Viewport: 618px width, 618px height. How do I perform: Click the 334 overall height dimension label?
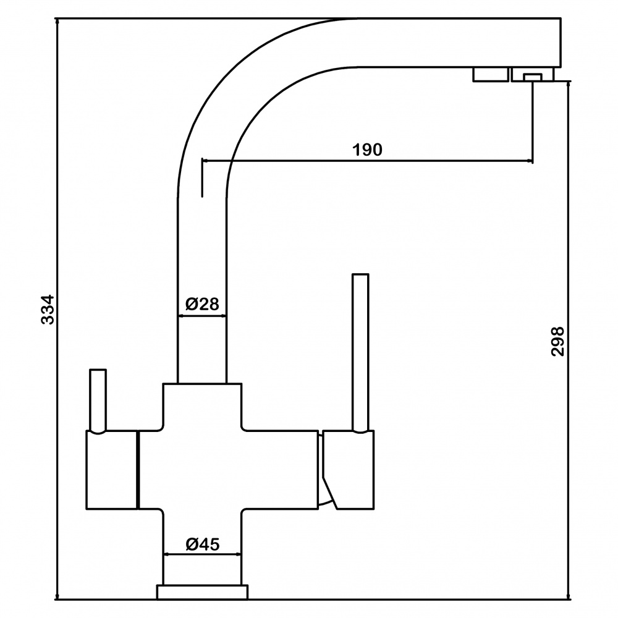48,309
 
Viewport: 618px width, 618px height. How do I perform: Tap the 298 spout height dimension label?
557,341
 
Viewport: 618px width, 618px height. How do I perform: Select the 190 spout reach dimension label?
367,150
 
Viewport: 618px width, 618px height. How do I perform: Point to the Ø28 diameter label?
202,304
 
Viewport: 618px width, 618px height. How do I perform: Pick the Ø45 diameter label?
202,544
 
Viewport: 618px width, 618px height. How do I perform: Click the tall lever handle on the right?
361,353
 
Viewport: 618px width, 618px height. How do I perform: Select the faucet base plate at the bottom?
202,592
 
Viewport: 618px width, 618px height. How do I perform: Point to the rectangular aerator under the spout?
491,75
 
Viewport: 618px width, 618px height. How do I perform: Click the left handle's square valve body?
111,470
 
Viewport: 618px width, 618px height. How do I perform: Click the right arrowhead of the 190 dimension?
530,161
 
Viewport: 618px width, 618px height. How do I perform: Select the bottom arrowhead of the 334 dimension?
57,596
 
